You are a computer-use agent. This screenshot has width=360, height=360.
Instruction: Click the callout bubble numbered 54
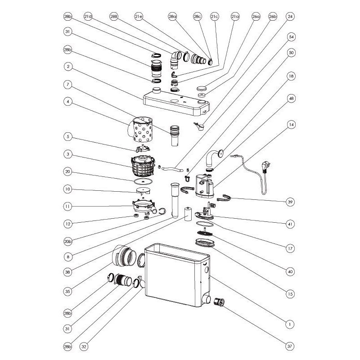(x=291, y=36)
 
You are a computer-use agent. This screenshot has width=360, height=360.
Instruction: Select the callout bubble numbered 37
(x=291, y=346)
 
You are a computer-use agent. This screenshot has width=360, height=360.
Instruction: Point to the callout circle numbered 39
(x=291, y=202)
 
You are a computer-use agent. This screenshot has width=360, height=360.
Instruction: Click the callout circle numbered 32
(x=84, y=346)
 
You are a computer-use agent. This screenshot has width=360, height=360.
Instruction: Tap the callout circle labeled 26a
(x=256, y=17)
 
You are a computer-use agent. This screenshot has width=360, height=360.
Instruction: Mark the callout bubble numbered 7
(x=68, y=84)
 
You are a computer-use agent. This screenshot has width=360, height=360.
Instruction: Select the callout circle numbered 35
(x=68, y=292)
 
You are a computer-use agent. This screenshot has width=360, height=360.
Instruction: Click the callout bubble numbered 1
(x=291, y=323)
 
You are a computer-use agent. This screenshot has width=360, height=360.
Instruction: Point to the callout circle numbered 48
(x=291, y=99)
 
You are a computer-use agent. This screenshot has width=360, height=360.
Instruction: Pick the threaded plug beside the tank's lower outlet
(x=221, y=302)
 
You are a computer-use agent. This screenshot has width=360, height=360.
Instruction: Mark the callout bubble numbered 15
(x=291, y=294)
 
